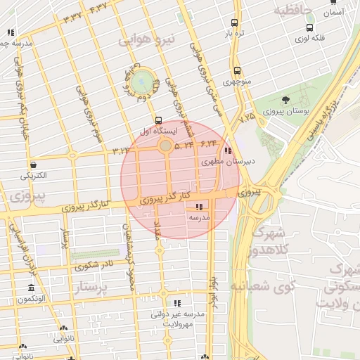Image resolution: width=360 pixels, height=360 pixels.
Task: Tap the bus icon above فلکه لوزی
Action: click(x=310, y=27)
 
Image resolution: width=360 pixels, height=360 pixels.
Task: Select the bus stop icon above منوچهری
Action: click(x=237, y=70)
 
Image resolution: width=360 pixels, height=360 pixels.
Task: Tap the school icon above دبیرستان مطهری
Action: click(x=226, y=150)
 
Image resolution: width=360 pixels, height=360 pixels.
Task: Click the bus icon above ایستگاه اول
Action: click(x=158, y=120)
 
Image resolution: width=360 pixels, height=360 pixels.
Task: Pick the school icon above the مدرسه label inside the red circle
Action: click(x=199, y=207)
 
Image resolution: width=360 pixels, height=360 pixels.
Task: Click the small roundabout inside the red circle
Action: click(x=165, y=146)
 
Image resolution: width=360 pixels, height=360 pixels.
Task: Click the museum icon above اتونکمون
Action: click(x=31, y=288)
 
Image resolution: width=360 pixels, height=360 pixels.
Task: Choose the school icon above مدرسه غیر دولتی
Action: click(x=176, y=302)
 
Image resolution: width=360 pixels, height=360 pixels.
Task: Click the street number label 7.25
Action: click(x=247, y=118)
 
